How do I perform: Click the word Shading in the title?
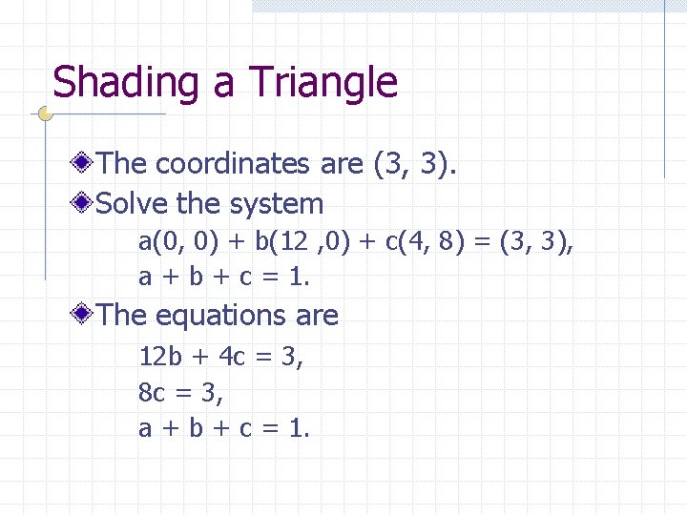pos(129,84)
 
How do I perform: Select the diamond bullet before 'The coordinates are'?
pos(86,163)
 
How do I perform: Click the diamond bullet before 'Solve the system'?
pos(86,203)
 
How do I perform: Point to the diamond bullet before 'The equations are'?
pos(86,315)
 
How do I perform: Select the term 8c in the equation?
pos(152,393)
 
